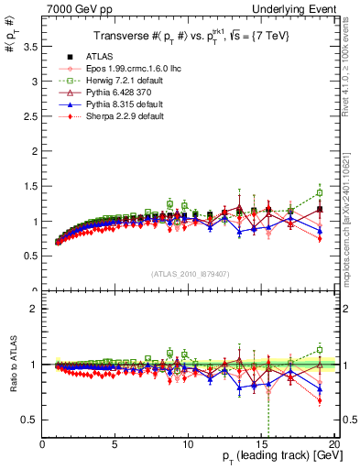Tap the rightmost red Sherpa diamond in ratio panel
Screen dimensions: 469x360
tap(320, 400)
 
